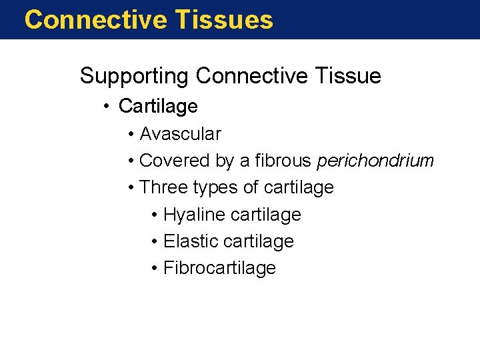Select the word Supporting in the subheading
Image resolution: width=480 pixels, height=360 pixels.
[x=135, y=77]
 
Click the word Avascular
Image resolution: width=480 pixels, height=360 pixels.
[x=180, y=134]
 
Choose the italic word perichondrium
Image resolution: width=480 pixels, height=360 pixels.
[x=375, y=161]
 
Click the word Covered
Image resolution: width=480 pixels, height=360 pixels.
[x=175, y=161]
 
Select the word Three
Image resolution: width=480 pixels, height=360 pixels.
[x=165, y=188]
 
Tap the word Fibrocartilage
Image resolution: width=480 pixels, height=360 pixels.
[x=219, y=268]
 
